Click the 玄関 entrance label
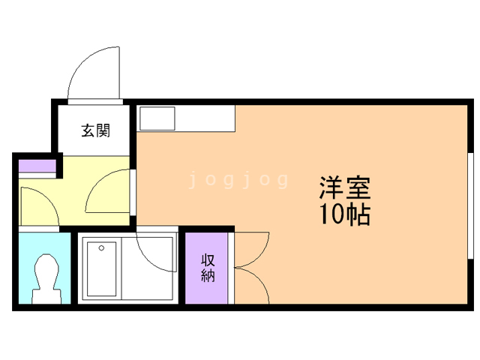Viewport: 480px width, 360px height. point(95,130)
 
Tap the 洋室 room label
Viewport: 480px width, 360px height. point(345,187)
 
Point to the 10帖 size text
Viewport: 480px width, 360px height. point(345,214)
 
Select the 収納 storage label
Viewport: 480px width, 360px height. point(208,268)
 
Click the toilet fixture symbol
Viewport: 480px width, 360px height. point(46,278)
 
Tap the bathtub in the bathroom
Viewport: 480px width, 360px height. point(102,269)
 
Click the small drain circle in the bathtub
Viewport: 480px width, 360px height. point(101,248)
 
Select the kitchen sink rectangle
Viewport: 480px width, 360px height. point(157,118)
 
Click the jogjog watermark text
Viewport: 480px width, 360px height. point(238,180)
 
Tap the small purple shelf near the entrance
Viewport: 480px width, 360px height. point(37,166)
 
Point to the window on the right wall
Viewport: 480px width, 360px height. point(471,205)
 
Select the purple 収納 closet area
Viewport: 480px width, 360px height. point(206,268)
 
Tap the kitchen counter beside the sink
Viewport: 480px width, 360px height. point(205,118)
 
